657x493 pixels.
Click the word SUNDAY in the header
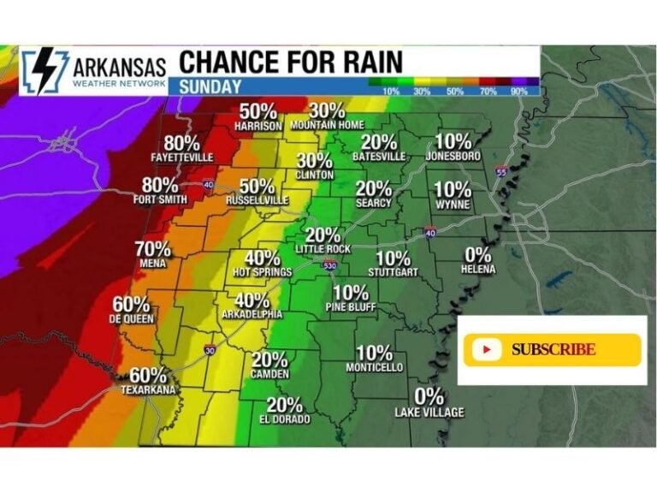[210, 86]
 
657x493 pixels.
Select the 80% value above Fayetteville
[182, 142]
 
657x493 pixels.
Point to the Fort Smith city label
[159, 200]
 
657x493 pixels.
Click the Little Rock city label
[323, 249]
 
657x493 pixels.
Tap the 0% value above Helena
[477, 254]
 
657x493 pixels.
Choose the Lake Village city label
[429, 413]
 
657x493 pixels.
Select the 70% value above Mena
[153, 250]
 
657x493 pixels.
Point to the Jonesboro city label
[453, 157]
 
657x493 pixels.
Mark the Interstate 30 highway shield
[210, 351]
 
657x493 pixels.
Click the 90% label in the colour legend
[518, 91]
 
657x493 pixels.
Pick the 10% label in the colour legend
[391, 91]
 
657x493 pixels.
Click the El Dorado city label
[285, 419]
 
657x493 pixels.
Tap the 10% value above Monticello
[374, 353]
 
